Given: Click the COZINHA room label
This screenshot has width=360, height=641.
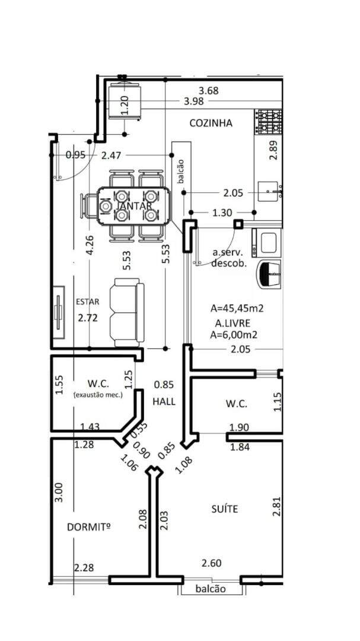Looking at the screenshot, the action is [211, 123].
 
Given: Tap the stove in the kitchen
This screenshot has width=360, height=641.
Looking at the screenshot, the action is [268, 122].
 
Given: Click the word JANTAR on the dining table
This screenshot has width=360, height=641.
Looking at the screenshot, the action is [135, 205].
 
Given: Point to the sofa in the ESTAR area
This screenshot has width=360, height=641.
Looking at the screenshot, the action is [127, 312].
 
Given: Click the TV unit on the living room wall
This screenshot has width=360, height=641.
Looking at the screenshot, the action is [59, 312].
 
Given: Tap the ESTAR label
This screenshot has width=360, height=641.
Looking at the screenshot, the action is [87, 302].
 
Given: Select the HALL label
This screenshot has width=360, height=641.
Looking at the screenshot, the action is [164, 401].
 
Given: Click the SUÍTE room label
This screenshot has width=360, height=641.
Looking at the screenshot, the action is [225, 509].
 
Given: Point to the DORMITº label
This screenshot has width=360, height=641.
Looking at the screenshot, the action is [89, 528].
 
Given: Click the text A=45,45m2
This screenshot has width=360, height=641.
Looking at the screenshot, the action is [237, 308].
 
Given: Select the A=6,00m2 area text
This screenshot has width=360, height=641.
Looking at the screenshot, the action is [234, 335].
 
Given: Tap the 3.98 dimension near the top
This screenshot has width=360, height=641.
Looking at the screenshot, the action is [194, 101].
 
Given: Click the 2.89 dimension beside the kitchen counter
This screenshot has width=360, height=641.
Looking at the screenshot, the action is [274, 150].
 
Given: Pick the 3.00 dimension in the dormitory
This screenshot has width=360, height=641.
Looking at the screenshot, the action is [59, 493].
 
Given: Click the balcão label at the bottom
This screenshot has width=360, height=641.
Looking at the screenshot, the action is [211, 589].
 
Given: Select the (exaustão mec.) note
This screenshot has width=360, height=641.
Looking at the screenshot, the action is [98, 395].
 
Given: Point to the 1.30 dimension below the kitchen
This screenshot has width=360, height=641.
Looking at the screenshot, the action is [222, 212].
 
